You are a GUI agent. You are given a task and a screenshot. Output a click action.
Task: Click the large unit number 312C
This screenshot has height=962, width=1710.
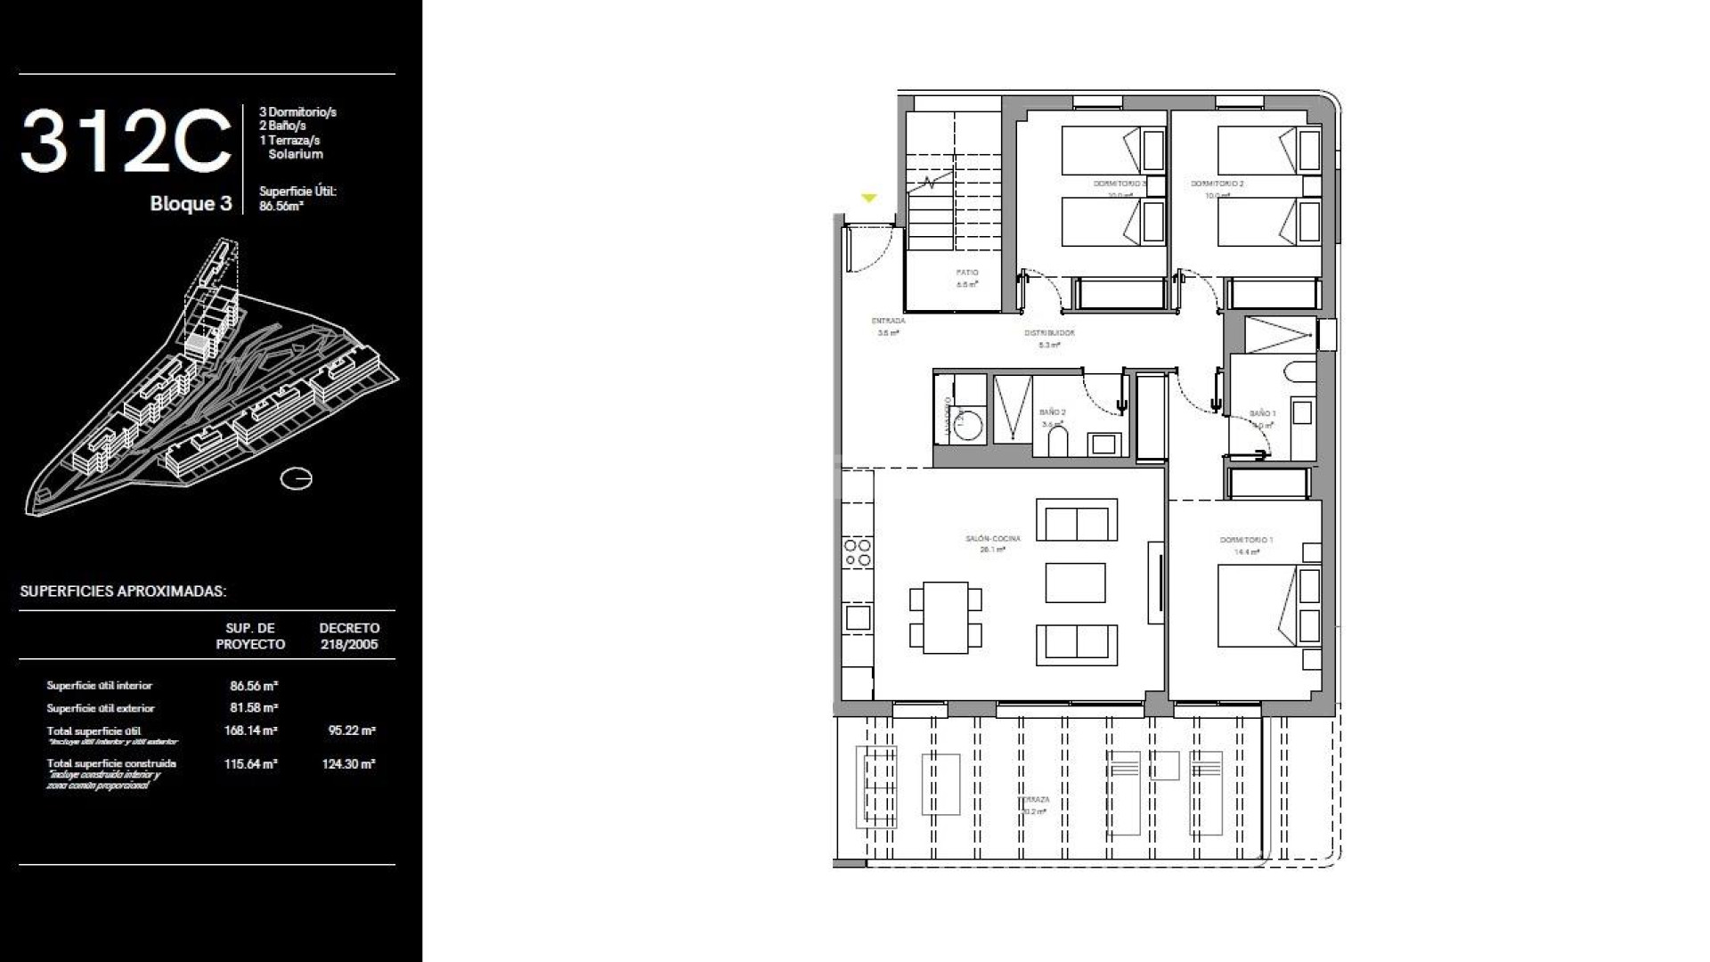click(x=126, y=142)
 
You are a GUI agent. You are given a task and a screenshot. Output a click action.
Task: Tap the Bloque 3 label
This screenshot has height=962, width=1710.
click(x=191, y=204)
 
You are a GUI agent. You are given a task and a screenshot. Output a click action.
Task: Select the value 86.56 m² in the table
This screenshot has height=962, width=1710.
click(x=254, y=686)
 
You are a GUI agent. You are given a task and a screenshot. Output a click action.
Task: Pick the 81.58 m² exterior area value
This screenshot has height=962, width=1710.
click(x=254, y=708)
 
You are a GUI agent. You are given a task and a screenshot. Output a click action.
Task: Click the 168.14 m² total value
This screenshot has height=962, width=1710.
click(x=251, y=730)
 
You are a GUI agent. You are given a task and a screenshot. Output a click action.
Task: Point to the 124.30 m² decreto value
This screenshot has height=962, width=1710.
click(x=348, y=763)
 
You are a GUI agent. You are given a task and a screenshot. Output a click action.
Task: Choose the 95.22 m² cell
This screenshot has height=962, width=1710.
click(x=352, y=730)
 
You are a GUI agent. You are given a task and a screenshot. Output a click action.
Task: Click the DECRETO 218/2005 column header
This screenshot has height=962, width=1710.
click(x=349, y=636)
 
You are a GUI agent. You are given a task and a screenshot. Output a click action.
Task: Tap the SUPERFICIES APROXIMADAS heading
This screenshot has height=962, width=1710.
click(x=123, y=591)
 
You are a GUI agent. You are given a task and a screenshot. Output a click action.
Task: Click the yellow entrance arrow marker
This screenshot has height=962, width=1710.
click(x=869, y=199)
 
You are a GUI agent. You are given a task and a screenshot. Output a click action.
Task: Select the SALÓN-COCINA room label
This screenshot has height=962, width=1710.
click(x=993, y=539)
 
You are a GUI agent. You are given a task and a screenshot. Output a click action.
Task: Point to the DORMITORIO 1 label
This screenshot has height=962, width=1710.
click(x=1247, y=541)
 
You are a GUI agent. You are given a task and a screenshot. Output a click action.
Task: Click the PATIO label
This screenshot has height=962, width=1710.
click(x=967, y=273)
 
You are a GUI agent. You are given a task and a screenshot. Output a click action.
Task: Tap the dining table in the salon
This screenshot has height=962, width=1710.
click(x=946, y=616)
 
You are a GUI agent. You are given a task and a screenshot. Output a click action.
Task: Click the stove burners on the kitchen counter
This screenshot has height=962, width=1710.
click(x=858, y=552)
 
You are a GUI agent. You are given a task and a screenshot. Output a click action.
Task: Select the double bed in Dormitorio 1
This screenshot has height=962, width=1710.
click(x=1256, y=606)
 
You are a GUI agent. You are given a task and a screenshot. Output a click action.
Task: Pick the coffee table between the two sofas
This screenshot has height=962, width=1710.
click(x=1075, y=583)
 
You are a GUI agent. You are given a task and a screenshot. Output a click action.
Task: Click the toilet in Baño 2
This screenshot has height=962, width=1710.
click(x=1058, y=441)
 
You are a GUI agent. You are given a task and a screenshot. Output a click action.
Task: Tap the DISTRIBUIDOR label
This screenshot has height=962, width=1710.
click(x=1049, y=333)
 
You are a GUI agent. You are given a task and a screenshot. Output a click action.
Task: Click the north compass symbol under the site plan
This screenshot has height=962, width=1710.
click(x=297, y=479)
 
